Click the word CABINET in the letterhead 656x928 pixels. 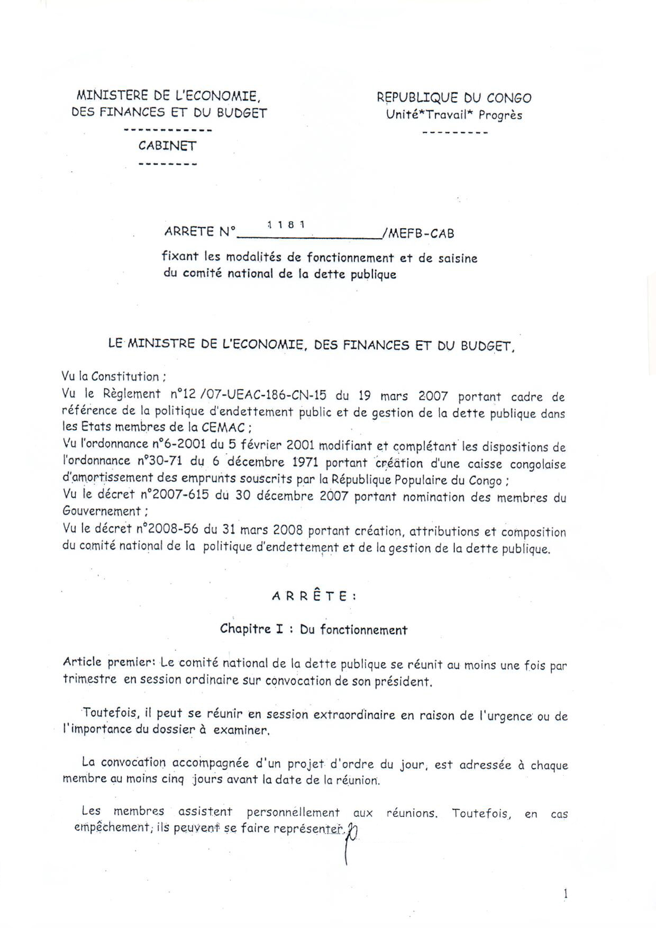[167, 146]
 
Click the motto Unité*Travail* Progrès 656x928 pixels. [454, 115]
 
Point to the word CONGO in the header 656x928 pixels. [509, 98]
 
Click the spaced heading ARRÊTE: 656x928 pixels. [314, 596]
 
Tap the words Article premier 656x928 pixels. [108, 662]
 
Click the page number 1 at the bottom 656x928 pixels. [566, 894]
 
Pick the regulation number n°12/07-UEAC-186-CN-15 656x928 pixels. [248, 395]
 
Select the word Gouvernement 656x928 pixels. [102, 511]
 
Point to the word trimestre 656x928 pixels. [89, 679]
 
